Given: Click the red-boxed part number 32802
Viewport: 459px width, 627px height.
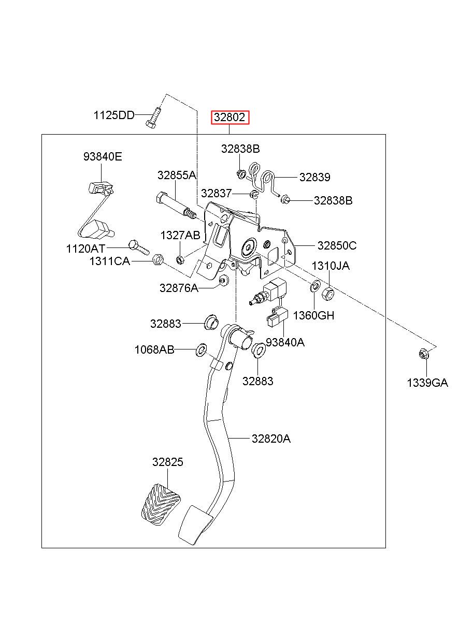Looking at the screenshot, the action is point(229,117).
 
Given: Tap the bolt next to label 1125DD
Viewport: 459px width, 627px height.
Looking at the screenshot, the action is point(153,119).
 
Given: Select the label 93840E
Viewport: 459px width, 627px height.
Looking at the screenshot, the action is point(103,156).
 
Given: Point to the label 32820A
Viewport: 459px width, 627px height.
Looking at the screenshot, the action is point(271,439).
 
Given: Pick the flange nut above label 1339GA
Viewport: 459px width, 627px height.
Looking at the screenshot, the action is point(422,354).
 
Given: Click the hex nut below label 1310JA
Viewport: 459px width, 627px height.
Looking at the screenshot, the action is point(327,294).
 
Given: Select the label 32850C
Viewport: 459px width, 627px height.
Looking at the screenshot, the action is point(337,245).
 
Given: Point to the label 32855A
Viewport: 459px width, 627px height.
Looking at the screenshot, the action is point(177,175).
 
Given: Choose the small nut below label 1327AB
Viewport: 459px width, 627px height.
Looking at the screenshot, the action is point(180,259).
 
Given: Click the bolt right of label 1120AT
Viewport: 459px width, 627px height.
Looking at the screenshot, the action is point(139,247).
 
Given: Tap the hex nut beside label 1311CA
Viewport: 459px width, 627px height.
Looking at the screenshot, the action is point(157,259).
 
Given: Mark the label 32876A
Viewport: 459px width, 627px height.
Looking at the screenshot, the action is point(179,288).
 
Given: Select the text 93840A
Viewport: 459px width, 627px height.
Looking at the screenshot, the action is point(285,342).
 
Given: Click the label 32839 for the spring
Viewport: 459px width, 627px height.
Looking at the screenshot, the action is point(315,177).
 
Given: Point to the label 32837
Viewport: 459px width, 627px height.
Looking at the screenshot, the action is point(217,193).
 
